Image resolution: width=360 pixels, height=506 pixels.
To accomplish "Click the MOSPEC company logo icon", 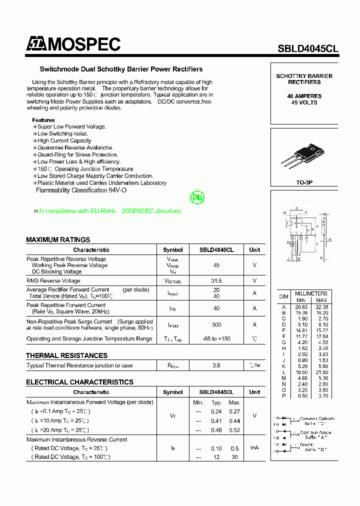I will pyautogui.click(x=36, y=45).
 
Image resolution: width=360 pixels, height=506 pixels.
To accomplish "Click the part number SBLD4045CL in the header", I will pyautogui.click(x=308, y=48).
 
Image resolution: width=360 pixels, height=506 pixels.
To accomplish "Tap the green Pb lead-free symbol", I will pyautogui.click(x=198, y=198).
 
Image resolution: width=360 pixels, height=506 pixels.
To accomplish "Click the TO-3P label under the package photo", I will pyautogui.click(x=304, y=183).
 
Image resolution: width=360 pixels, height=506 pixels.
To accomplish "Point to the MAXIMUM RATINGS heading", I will pyautogui.click(x=58, y=239).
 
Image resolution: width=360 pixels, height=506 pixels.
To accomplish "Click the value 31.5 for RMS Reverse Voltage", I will pyautogui.click(x=216, y=281).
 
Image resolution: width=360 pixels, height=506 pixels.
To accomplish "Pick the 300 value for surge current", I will pyautogui.click(x=216, y=325).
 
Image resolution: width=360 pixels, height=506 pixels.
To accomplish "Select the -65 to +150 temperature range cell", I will pyautogui.click(x=216, y=338).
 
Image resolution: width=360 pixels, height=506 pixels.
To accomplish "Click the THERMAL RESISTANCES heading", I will pyautogui.click(x=66, y=355).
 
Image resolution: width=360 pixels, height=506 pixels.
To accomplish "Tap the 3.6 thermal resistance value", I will pyautogui.click(x=216, y=365).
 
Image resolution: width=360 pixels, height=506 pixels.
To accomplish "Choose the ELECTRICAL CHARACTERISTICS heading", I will pyautogui.click(x=79, y=382).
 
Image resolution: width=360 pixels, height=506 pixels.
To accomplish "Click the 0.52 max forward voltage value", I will pyautogui.click(x=234, y=430).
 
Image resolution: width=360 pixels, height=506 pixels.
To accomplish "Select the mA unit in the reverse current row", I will pyautogui.click(x=254, y=448).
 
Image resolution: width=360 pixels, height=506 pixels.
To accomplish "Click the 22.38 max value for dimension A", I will pyautogui.click(x=321, y=306).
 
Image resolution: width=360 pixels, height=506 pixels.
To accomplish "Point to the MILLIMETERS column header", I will pyautogui.click(x=311, y=293).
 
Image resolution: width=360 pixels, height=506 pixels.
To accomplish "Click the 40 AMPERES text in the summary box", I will pyautogui.click(x=304, y=96).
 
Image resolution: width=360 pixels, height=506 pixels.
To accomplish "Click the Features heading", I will pyautogui.click(x=43, y=120).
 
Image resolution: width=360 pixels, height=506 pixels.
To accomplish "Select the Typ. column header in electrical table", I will pyautogui.click(x=216, y=402).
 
